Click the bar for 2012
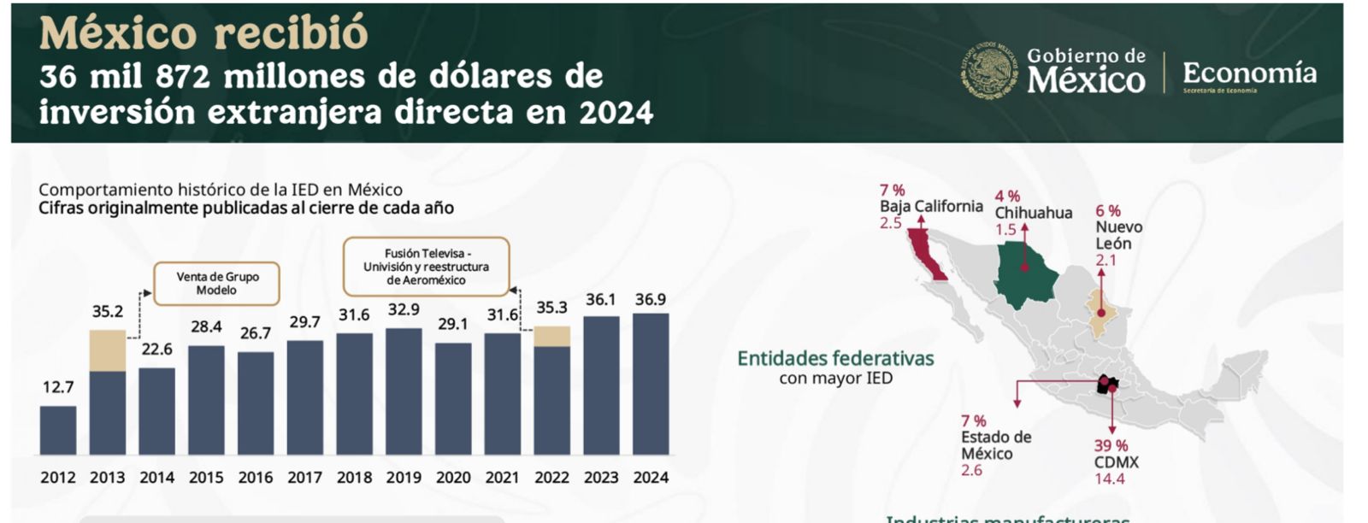point(58,430)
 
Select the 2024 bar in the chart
point(651,384)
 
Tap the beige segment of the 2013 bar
point(108,350)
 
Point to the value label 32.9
point(404,309)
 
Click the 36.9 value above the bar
point(651,300)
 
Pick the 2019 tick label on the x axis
point(404,478)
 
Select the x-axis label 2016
point(256,478)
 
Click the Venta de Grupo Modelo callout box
point(216,284)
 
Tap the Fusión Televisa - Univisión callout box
point(426,267)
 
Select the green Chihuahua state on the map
point(1026,272)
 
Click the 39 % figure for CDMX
point(1111,445)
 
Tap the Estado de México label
point(996,445)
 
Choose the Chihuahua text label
point(1033,213)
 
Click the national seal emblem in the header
point(990,71)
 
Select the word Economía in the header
point(1249,73)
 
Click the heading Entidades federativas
point(835,359)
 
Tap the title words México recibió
point(203,33)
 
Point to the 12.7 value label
point(58,387)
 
